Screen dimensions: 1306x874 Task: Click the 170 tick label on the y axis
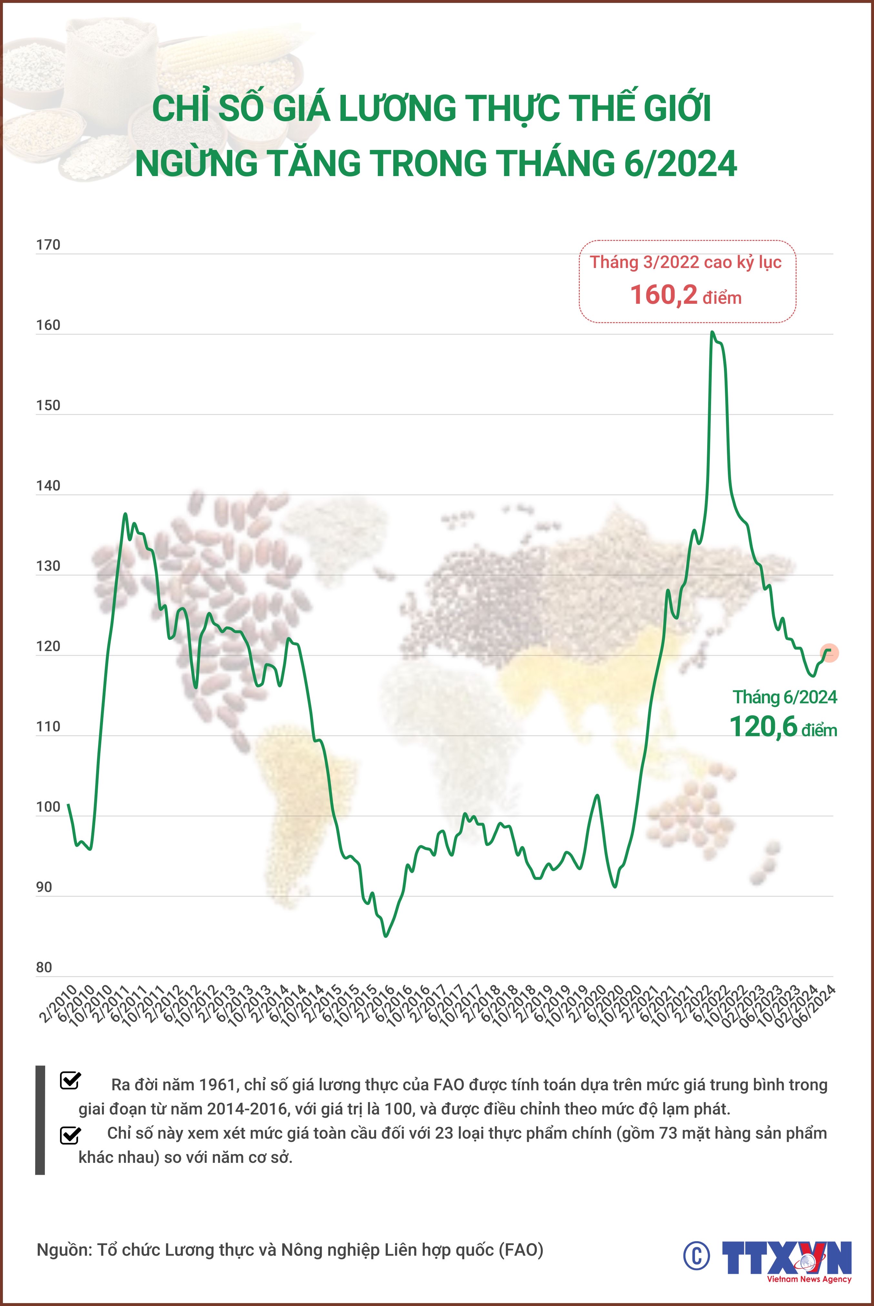[x=48, y=245]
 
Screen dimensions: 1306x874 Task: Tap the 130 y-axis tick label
[x=48, y=566]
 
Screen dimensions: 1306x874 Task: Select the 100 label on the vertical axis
[x=48, y=807]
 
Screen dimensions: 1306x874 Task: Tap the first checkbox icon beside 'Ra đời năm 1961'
[x=70, y=1080]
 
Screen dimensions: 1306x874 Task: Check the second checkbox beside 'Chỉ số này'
[x=70, y=1135]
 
